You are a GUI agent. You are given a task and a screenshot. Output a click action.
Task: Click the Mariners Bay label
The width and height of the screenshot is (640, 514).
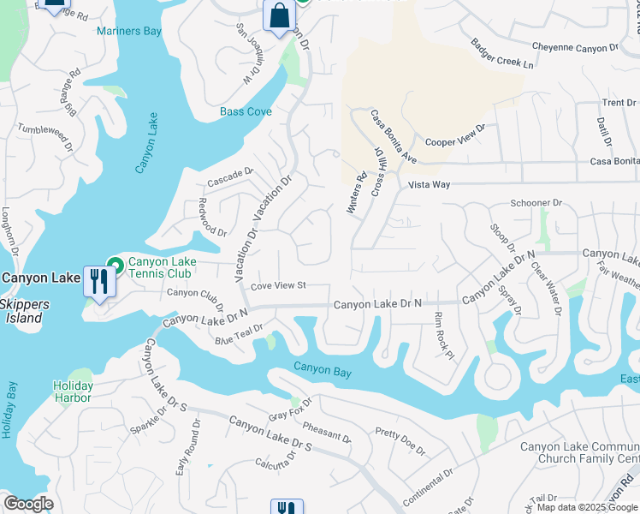tap(129, 32)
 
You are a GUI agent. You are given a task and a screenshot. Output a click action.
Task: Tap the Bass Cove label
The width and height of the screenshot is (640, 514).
tap(246, 111)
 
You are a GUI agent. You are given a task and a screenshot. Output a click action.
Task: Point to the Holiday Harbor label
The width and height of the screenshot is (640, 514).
tap(73, 391)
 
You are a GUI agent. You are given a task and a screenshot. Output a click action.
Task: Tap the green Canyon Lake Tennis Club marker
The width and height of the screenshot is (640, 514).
tap(115, 264)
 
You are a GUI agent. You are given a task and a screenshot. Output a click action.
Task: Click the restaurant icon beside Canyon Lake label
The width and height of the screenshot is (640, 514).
tap(98, 280)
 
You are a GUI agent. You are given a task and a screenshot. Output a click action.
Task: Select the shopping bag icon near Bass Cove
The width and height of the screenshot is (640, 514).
tap(279, 15)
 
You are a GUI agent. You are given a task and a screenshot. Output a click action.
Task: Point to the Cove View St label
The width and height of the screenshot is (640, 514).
tap(278, 285)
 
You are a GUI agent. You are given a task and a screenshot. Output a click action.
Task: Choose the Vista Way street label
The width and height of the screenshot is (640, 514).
tap(429, 184)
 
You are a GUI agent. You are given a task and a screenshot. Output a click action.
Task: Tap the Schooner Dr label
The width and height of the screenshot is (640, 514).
tap(535, 203)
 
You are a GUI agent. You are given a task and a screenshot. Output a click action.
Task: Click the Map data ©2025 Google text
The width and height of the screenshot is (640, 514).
tap(588, 507)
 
